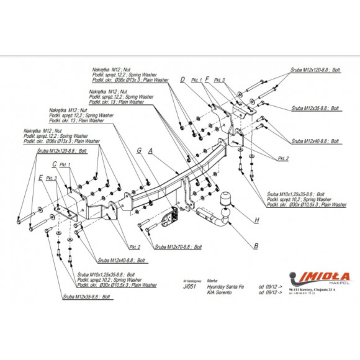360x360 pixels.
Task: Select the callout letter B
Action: [x=256, y=246]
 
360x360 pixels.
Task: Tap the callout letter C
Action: [x=55, y=164]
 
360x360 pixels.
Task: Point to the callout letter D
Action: [x=183, y=79]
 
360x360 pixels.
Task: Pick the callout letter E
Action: [x=40, y=178]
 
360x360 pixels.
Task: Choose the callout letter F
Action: [x=207, y=79]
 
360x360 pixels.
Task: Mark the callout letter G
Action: [x=140, y=150]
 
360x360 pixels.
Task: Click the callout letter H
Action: [x=256, y=220]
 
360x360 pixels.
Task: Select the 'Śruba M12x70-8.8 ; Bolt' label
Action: [x=179, y=246]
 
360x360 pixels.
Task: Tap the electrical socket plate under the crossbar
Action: [x=168, y=220]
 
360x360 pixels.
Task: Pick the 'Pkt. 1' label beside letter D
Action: [x=197, y=81]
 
